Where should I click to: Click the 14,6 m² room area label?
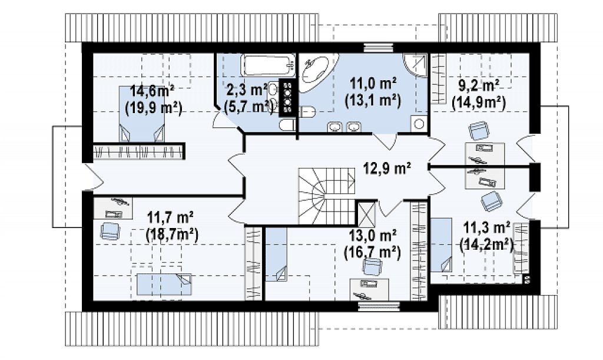click(153, 92)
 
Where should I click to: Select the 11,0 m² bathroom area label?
click(373, 83)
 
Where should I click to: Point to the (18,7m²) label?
click(172, 234)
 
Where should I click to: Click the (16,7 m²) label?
click(372, 252)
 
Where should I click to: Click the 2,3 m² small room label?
click(247, 91)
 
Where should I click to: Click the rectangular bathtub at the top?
click(268, 66)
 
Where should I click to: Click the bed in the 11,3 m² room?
click(441, 245)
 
